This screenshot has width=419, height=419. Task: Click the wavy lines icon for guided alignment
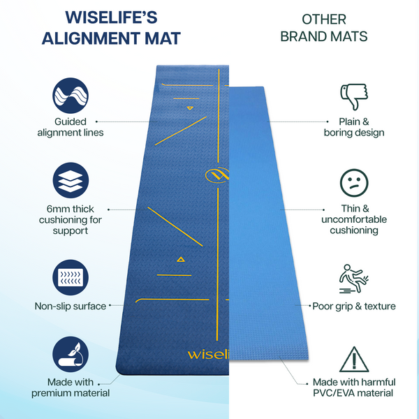(71, 95)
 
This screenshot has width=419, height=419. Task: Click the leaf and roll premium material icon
(71, 355)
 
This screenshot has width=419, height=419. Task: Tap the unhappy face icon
(353, 183)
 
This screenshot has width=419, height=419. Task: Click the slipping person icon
(353, 277)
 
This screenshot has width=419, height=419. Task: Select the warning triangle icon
(353, 360)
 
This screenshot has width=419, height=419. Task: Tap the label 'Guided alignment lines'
(70, 127)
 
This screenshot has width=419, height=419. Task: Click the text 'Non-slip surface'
(71, 306)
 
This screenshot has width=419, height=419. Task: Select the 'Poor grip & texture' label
(354, 306)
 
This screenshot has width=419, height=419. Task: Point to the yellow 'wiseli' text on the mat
(207, 353)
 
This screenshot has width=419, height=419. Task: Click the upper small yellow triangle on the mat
(189, 108)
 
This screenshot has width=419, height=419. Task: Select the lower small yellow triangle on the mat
(181, 260)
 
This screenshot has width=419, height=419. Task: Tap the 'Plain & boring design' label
(354, 127)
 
